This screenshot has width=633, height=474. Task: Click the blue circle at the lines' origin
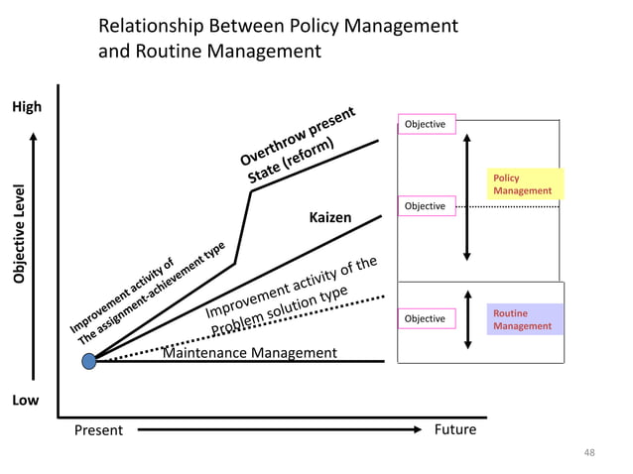coord(89,361)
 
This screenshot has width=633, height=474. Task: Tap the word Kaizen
coord(330,217)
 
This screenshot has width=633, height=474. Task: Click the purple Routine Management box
coord(525,319)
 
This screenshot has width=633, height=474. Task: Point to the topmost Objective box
coord(425,124)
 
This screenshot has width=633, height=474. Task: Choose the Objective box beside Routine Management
coord(425,318)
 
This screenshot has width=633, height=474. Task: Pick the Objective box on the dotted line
coord(425,205)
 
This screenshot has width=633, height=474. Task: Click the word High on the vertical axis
coord(26,107)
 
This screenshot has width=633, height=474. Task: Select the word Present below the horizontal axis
coord(99,430)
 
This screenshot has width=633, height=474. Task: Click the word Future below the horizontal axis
coord(455,429)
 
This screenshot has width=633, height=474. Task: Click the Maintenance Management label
coord(249,353)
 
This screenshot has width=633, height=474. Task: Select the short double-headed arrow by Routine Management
coord(467,318)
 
